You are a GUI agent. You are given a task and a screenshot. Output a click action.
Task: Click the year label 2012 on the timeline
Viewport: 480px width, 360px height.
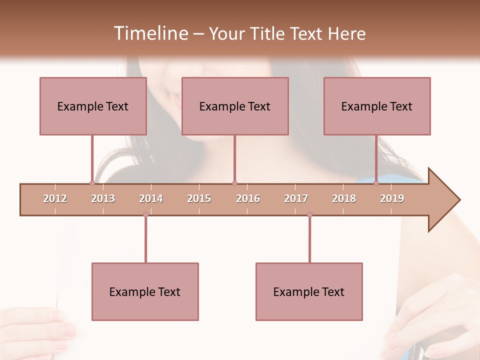[x=55, y=198]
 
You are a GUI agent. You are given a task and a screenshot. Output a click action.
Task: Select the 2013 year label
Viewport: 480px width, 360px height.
[x=103, y=198]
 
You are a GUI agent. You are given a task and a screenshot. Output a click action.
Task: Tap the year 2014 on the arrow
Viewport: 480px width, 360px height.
[x=151, y=198]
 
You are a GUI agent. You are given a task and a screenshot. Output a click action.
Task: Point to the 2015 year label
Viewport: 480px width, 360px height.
[x=199, y=198]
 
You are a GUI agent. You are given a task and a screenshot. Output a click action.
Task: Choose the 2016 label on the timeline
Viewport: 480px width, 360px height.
[x=248, y=198]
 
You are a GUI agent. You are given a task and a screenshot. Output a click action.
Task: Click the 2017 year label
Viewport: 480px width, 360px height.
[x=296, y=198]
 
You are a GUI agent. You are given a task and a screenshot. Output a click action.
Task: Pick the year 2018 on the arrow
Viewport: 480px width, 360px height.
[x=344, y=198]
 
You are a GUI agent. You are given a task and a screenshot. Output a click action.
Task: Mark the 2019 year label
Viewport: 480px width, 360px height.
[x=392, y=198]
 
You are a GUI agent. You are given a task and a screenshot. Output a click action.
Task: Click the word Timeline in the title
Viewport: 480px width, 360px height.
[x=149, y=33]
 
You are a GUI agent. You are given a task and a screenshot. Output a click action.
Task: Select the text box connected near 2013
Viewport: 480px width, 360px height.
[x=93, y=106]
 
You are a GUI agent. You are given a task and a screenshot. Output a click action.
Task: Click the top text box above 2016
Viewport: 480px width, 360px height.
[x=235, y=106]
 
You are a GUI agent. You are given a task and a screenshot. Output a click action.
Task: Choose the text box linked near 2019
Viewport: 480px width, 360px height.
[x=377, y=106]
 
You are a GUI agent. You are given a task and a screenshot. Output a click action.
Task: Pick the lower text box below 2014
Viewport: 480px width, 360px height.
[x=145, y=291]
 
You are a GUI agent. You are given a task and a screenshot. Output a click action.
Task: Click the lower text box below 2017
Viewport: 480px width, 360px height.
[x=309, y=291]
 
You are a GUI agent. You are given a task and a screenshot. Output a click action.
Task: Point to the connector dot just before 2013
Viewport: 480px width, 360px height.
[x=92, y=183]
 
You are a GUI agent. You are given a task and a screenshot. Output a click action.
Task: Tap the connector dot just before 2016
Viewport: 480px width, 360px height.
[x=234, y=183]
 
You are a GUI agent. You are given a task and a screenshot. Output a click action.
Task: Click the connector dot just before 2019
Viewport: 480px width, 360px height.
[x=376, y=183]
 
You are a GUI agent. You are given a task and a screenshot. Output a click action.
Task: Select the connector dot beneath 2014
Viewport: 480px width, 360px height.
[x=145, y=214]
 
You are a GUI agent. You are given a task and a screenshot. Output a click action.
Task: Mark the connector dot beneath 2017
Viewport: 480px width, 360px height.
[x=309, y=214]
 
